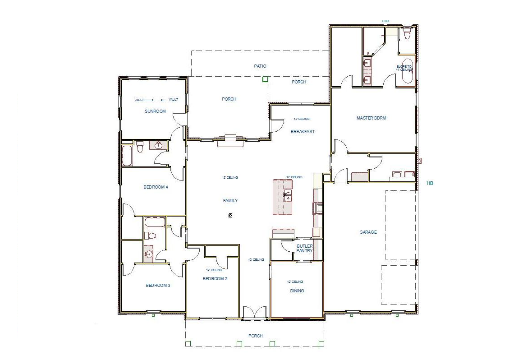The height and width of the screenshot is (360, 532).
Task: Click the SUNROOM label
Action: click(x=155, y=111)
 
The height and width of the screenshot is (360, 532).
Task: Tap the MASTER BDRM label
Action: click(x=371, y=118)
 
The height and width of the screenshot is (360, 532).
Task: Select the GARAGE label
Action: click(x=368, y=232)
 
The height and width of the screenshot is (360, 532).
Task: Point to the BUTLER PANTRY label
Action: click(x=304, y=248)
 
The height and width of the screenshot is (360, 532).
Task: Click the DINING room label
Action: click(x=297, y=291)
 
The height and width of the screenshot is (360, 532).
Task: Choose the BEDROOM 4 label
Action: click(x=156, y=187)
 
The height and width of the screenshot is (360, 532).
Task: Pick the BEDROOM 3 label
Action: click(x=158, y=286)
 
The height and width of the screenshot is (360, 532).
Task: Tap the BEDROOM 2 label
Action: click(x=215, y=279)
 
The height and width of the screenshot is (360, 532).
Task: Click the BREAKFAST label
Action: click(x=303, y=132)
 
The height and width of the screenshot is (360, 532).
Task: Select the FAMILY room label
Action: click(x=230, y=201)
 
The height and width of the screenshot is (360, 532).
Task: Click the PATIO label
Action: click(x=260, y=66)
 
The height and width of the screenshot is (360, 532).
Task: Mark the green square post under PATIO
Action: click(x=265, y=79)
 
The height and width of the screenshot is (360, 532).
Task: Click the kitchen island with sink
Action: click(x=283, y=197)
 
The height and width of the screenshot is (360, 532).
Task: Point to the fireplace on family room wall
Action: click(x=230, y=140)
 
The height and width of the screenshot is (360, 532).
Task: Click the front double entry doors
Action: click(x=255, y=312)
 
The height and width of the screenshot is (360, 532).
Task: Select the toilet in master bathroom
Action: click(x=408, y=33)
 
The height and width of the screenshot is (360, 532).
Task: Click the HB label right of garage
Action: click(x=430, y=184)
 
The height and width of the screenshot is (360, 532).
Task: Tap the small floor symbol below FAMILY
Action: click(x=230, y=216)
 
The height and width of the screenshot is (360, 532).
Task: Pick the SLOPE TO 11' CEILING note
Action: click(x=404, y=68)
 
